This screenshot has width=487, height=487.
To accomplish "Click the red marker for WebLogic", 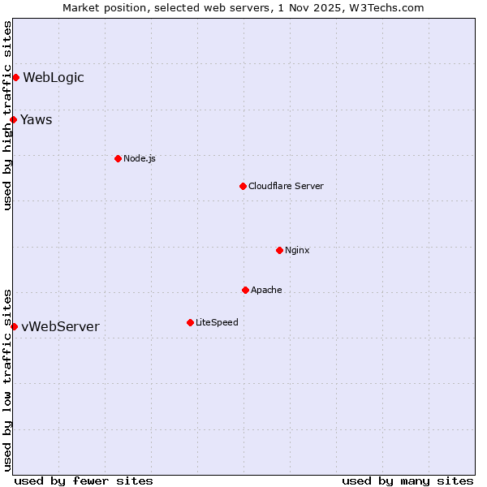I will click(x=15, y=78).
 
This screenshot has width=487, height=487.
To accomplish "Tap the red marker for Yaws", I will click(x=13, y=120).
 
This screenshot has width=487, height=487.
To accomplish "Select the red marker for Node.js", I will click(x=118, y=158).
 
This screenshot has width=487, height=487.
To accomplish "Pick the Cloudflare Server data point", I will click(x=243, y=186).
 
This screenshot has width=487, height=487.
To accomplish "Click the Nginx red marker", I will click(x=279, y=250).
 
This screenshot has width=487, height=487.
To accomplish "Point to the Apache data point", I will click(x=245, y=290).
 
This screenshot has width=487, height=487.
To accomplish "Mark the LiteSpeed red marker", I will click(x=190, y=322).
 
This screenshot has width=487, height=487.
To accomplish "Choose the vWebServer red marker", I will click(x=14, y=326).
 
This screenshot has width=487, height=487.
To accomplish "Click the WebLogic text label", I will click(x=54, y=78).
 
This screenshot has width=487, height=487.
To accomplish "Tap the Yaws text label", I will click(x=37, y=120).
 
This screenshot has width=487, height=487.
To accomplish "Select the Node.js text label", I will click(x=140, y=158).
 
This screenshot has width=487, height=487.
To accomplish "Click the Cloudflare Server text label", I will click(x=286, y=186).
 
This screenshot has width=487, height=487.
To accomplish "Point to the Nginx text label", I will click(x=297, y=250).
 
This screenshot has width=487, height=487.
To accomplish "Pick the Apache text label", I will click(x=266, y=290).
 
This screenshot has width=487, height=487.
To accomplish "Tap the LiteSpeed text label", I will click(x=217, y=322).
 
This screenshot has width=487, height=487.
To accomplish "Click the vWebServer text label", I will click(x=61, y=326).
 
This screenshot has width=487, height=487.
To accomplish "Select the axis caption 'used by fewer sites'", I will click(x=84, y=481).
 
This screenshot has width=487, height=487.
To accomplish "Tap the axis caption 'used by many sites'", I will click(x=407, y=481).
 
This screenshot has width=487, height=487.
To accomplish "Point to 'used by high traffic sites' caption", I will click(x=7, y=115).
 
